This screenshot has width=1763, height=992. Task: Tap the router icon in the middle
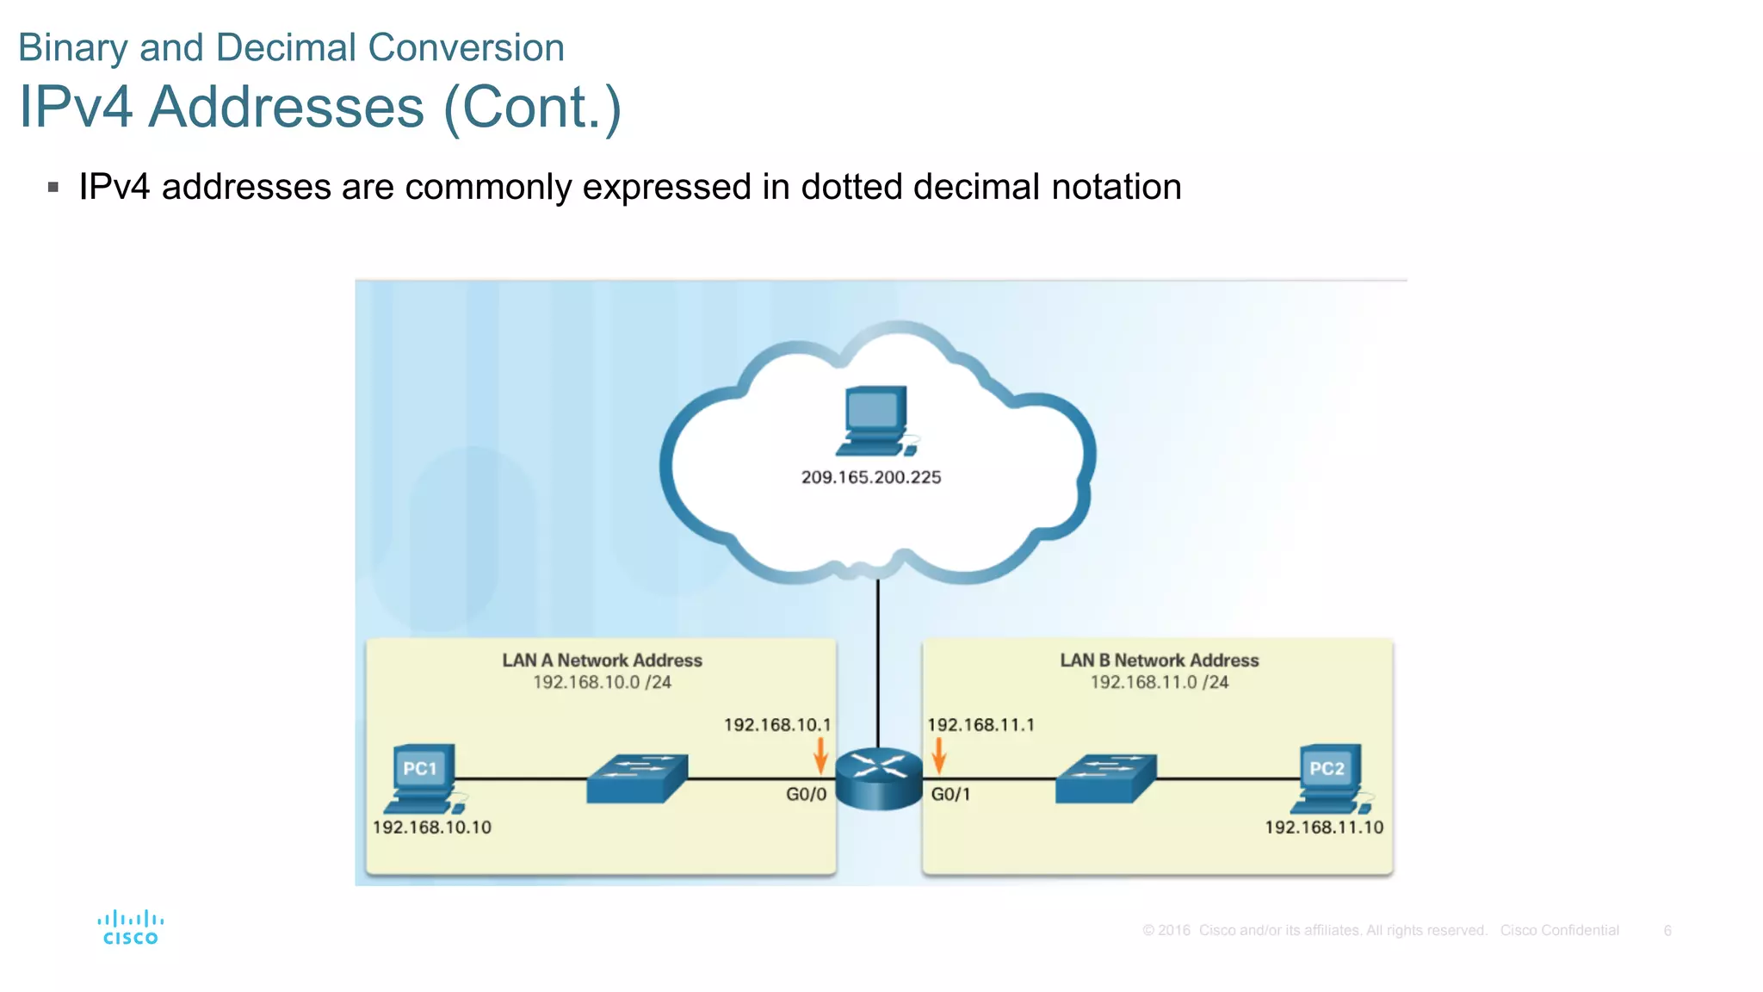tap(878, 778)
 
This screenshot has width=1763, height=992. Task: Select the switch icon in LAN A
tap(637, 778)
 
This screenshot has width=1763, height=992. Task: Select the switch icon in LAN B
tap(1106, 778)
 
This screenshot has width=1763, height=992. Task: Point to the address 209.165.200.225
tap(871, 477)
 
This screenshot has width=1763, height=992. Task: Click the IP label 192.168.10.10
tap(432, 828)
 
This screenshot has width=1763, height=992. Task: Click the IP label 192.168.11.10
tap(1324, 828)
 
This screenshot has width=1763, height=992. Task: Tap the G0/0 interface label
tap(806, 794)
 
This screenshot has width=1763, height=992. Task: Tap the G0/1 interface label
tap(950, 794)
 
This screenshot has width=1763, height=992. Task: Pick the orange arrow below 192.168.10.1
tap(820, 754)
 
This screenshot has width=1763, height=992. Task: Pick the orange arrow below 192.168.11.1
tap(939, 754)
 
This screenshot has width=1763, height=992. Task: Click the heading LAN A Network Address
tap(602, 660)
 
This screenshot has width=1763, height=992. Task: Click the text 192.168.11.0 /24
tap(1160, 682)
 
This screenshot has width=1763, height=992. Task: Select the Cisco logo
tap(130, 927)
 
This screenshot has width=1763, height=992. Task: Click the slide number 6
tap(1667, 931)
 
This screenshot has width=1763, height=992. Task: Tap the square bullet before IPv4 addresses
tap(53, 187)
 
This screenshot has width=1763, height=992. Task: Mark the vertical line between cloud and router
tap(878, 663)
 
